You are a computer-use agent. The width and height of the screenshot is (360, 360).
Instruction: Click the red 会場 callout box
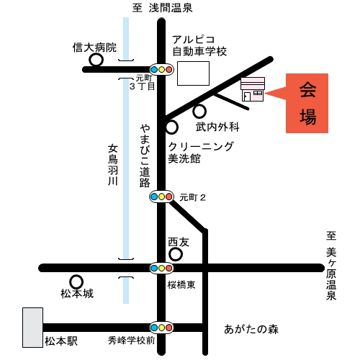point(307,103)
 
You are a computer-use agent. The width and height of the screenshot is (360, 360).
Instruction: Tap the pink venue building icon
point(253,89)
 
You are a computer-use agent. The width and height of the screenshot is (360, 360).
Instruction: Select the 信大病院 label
point(94,48)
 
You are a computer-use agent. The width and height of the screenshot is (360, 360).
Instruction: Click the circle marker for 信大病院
point(96,60)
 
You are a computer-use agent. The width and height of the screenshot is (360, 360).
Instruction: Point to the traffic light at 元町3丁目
point(161,69)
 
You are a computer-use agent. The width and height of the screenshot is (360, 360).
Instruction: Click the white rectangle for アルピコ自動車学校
point(193,73)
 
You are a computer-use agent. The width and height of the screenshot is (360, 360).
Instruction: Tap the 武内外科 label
point(217,127)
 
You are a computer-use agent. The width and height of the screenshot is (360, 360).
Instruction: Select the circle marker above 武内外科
point(199,112)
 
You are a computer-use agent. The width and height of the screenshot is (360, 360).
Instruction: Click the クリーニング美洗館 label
point(201,152)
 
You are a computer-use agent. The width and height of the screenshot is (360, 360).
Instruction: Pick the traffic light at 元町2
point(161,197)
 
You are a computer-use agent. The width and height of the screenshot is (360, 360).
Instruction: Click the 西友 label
point(179,242)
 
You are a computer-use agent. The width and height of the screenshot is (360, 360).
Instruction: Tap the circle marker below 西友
point(176,254)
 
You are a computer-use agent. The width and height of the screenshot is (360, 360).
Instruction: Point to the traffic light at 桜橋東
point(161,268)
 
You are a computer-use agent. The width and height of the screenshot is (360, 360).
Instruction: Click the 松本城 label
point(77,293)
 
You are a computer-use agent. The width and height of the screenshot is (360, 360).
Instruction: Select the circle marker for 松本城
point(76,282)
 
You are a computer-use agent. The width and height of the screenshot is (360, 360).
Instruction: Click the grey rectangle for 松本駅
point(32,328)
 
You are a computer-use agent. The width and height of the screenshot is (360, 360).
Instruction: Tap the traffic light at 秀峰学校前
point(161,328)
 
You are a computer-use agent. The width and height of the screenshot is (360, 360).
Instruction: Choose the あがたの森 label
point(251,329)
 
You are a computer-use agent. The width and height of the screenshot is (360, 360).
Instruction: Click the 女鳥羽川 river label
point(112,165)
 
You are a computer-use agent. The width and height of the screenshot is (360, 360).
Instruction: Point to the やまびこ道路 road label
point(145,156)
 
